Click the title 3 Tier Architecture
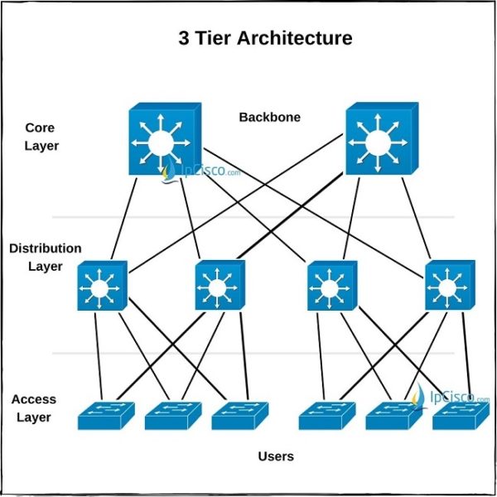pyautogui.click(x=265, y=38)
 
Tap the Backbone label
pyautogui.click(x=269, y=117)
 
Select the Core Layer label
pyautogui.click(x=41, y=137)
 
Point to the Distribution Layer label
pyautogui.click(x=46, y=257)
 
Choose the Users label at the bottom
pyautogui.click(x=276, y=456)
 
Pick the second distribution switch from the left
pyautogui.click(x=220, y=287)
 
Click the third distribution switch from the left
pyautogui.click(x=331, y=287)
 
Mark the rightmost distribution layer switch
pyautogui.click(x=449, y=287)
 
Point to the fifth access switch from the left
pyautogui.click(x=393, y=417)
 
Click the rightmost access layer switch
pyautogui.click(x=460, y=417)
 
